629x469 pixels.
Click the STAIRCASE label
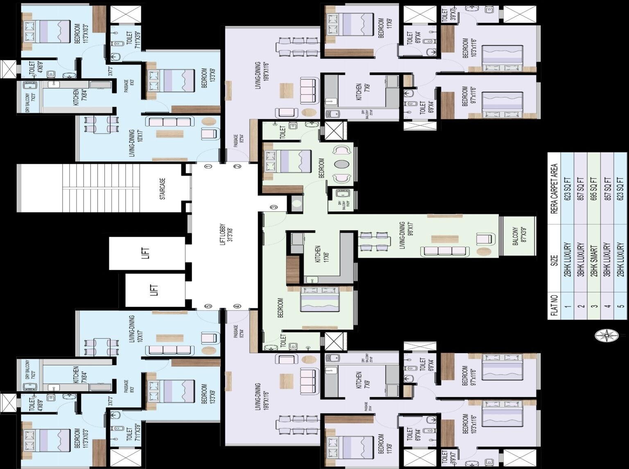[163, 188]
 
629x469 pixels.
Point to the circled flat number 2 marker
[237, 167]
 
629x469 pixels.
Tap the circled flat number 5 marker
[208, 306]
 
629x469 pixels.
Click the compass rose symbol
[605, 336]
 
